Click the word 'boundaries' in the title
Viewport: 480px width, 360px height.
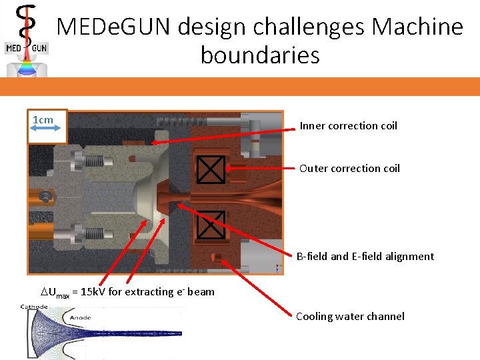[x=260, y=55]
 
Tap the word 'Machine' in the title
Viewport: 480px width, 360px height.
[x=417, y=27]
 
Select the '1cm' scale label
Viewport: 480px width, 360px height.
[x=43, y=120]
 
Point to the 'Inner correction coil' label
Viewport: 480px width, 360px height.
[x=348, y=126]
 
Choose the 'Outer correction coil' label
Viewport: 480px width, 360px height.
[x=349, y=169]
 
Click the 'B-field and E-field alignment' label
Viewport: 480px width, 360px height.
[x=365, y=257]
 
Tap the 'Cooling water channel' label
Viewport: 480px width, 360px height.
[x=350, y=317]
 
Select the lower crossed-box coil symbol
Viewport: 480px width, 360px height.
[x=211, y=224]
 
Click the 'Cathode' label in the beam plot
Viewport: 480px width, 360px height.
[x=34, y=307]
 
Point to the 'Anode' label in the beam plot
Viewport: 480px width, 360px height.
[x=81, y=318]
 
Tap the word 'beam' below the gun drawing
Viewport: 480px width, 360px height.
[x=201, y=292]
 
